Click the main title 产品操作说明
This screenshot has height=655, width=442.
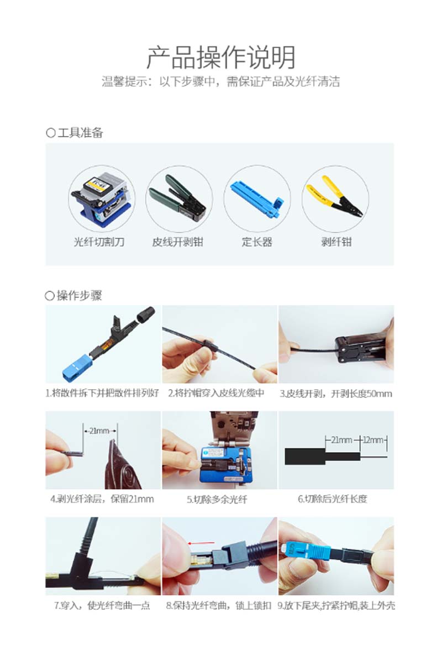coord(221,57)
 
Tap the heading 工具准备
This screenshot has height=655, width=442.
coord(80,133)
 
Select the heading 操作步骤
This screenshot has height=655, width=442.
coord(80,295)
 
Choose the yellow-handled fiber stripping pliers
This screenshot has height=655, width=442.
coord(334,197)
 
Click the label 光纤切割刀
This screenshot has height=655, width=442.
coord(99,242)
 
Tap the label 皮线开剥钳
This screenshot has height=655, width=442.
coord(177,242)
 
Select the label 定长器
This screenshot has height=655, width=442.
coord(257,242)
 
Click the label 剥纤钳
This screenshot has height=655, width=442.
coord(336,242)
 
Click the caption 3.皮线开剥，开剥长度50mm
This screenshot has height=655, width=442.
coord(336,394)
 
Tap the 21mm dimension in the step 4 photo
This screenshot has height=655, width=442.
coord(99,431)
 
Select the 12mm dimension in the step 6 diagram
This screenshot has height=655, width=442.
coord(373,440)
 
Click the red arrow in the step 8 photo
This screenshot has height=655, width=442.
coord(201,543)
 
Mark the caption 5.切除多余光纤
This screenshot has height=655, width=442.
coord(217,499)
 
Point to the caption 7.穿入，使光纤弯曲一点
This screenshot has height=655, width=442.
coord(102,606)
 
